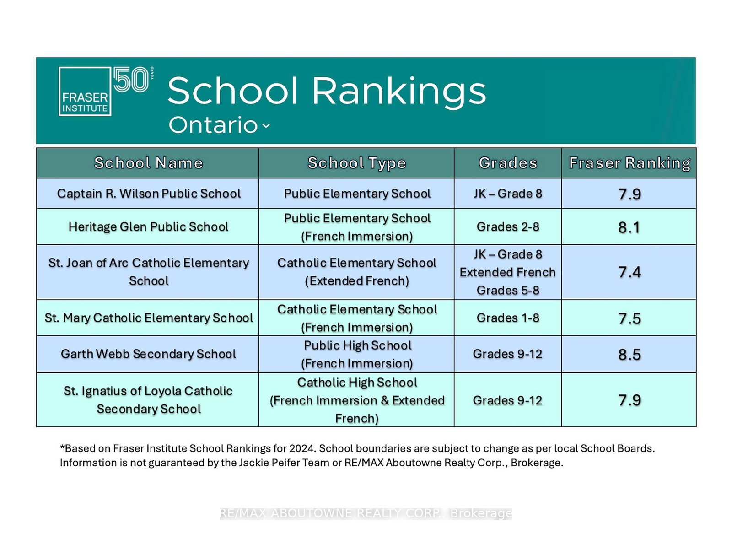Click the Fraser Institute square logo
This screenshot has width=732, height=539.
click(85, 92)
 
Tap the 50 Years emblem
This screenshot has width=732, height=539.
click(133, 79)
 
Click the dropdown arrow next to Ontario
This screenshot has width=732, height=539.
click(266, 126)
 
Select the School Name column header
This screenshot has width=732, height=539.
click(148, 163)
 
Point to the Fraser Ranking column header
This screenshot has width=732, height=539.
click(630, 163)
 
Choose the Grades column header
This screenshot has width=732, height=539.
click(508, 163)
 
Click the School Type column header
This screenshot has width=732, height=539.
click(356, 163)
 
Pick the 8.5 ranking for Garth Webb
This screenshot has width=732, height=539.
click(630, 355)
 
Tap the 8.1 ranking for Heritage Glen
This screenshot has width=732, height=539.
click(629, 227)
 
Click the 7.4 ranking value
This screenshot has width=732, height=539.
click(630, 272)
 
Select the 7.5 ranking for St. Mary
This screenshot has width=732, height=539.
click(630, 319)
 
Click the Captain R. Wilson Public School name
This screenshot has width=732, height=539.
click(149, 194)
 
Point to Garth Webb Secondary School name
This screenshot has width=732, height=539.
click(148, 354)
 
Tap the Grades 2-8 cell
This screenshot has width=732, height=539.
click(508, 227)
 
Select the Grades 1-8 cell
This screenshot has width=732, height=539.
click(508, 318)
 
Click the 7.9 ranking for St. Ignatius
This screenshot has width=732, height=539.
click(630, 400)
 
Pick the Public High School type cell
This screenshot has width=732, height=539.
click(357, 354)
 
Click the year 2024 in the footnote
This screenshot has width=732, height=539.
click(302, 448)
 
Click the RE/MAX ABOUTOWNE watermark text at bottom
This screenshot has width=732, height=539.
click(366, 513)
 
